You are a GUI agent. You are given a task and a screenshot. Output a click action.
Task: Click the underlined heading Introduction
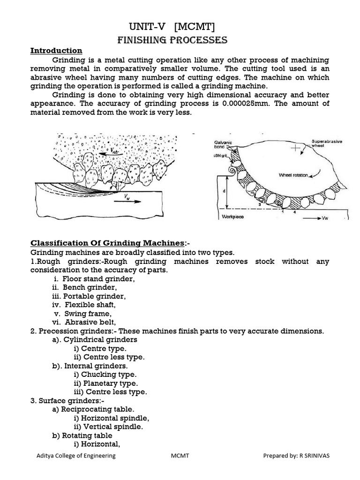click(56, 51)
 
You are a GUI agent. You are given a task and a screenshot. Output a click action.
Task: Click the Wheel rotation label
click(294, 175)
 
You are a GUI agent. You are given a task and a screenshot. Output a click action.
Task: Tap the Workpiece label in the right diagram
click(233, 217)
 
